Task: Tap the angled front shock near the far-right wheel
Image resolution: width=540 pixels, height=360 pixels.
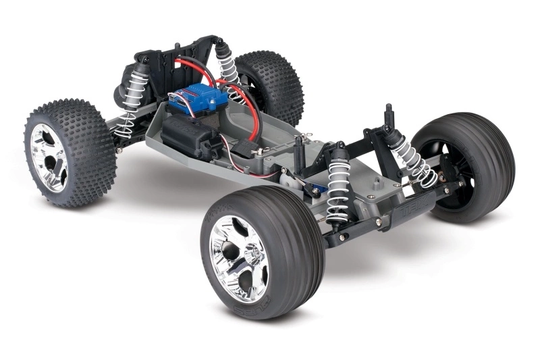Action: click(x=412, y=159)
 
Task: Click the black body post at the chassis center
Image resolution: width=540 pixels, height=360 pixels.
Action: click(x=298, y=155)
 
